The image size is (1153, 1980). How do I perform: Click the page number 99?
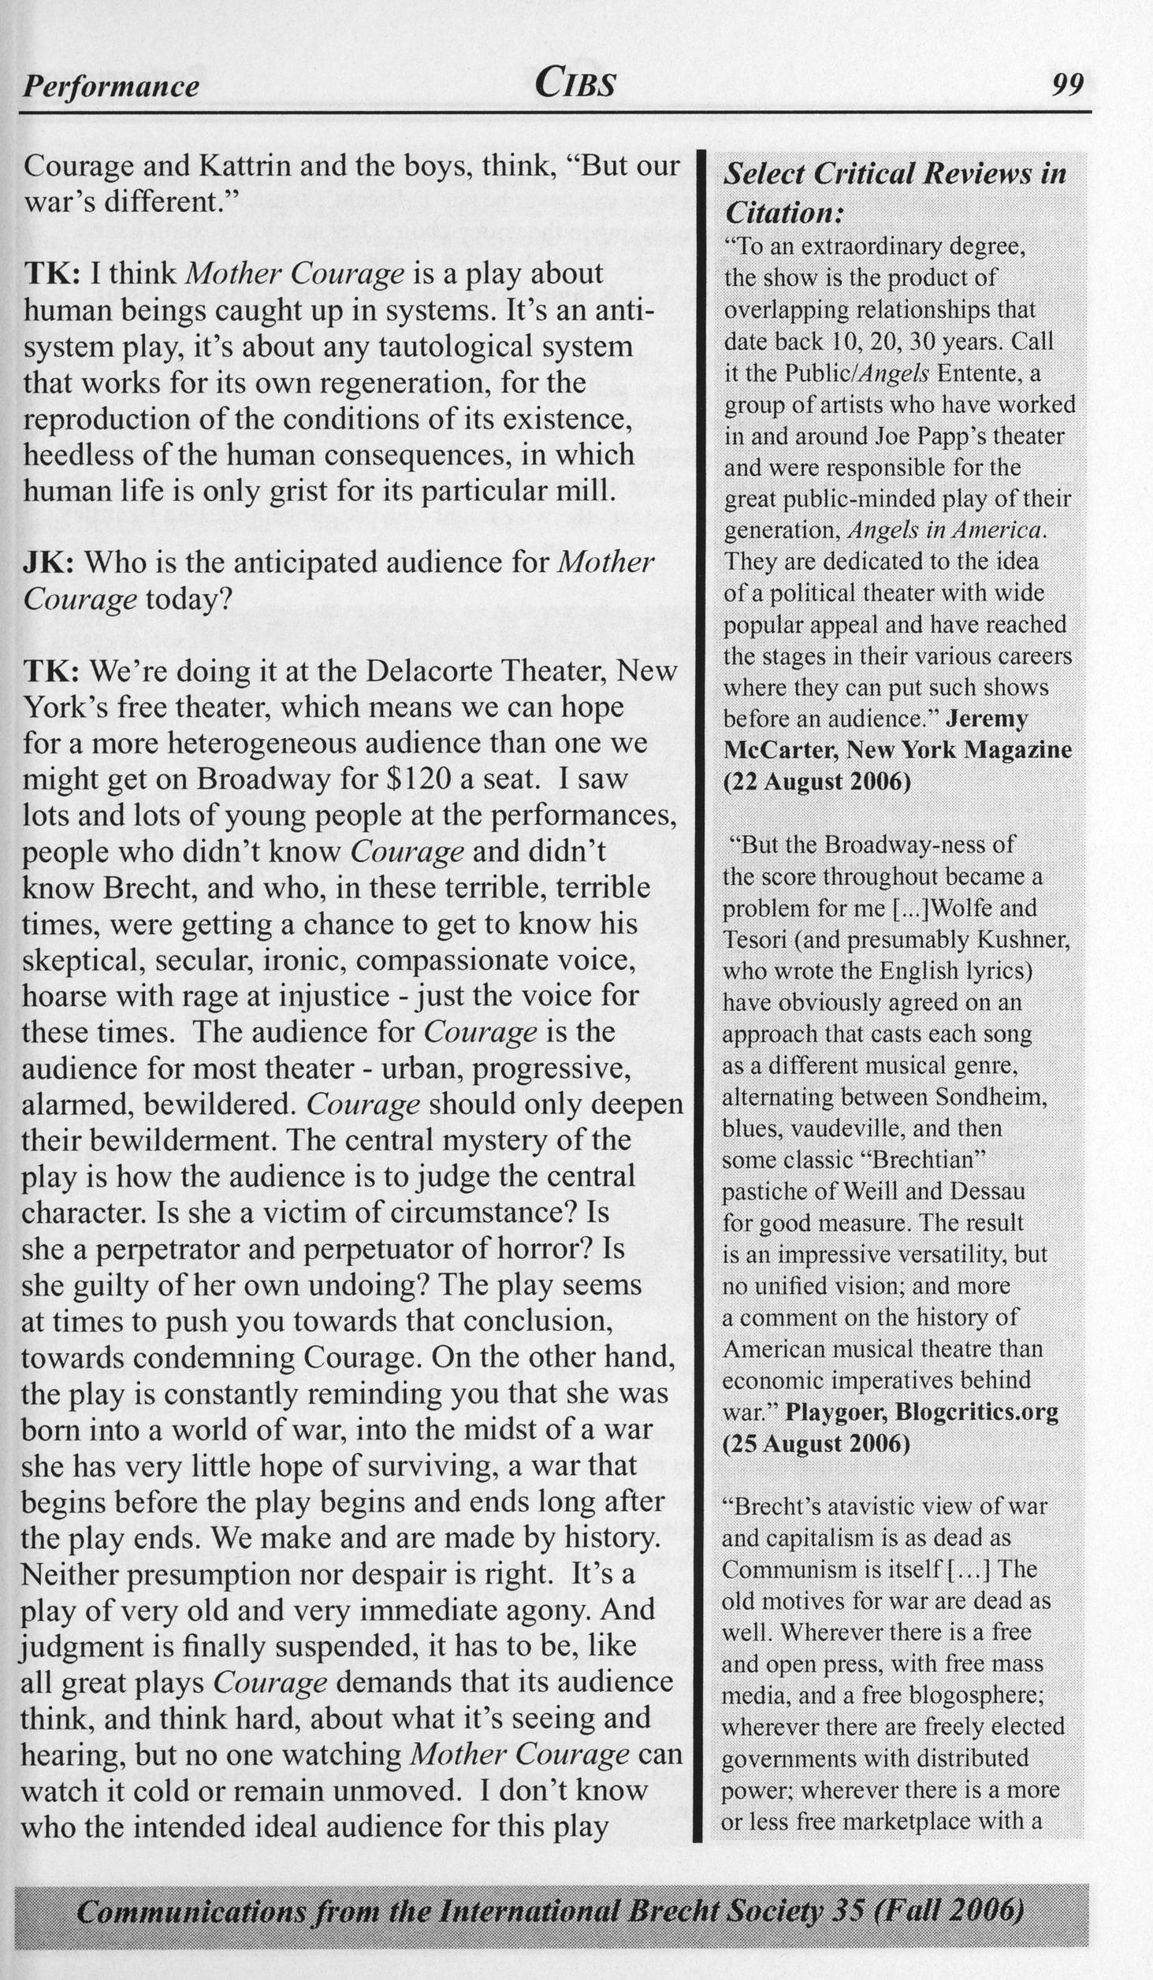[x=1068, y=84]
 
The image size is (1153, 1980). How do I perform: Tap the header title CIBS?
[x=575, y=82]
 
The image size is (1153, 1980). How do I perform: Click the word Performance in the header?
[x=111, y=85]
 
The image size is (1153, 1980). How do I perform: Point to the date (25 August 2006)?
[x=816, y=1443]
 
